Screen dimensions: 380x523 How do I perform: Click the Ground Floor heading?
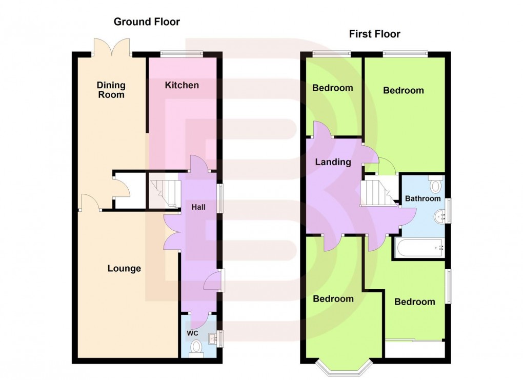point(147,22)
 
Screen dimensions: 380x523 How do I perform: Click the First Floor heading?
point(374,34)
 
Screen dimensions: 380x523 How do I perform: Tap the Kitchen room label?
point(182,85)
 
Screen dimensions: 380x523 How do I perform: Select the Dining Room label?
point(111,90)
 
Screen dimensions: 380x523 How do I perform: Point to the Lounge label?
point(124,268)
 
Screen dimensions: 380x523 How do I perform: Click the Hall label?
point(198,207)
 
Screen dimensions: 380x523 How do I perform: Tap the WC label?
point(192,333)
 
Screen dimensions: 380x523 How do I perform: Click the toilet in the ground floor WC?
point(196,349)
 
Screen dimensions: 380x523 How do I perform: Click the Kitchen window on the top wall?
point(181,53)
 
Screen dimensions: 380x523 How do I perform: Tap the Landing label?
point(333,162)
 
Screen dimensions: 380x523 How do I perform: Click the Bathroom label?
point(423,198)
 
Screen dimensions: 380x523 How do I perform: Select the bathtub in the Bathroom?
point(419,248)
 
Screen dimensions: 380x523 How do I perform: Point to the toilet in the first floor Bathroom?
point(436,184)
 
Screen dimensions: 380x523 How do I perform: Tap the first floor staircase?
point(378,192)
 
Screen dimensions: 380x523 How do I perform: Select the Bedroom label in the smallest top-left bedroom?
point(333,88)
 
